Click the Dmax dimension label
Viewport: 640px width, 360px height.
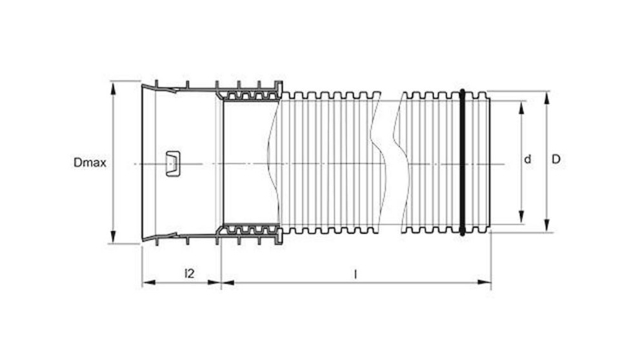point(90,163)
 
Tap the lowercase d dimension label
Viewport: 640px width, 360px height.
point(527,159)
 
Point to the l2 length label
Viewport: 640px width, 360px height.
point(189,273)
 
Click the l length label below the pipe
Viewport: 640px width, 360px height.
point(355,273)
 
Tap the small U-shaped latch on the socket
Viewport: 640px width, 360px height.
point(173,163)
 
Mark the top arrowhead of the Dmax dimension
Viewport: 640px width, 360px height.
point(114,86)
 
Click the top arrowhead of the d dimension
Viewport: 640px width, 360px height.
point(520,105)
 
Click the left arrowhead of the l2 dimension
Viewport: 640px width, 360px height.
point(146,282)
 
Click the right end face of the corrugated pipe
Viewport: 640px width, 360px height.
point(490,161)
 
